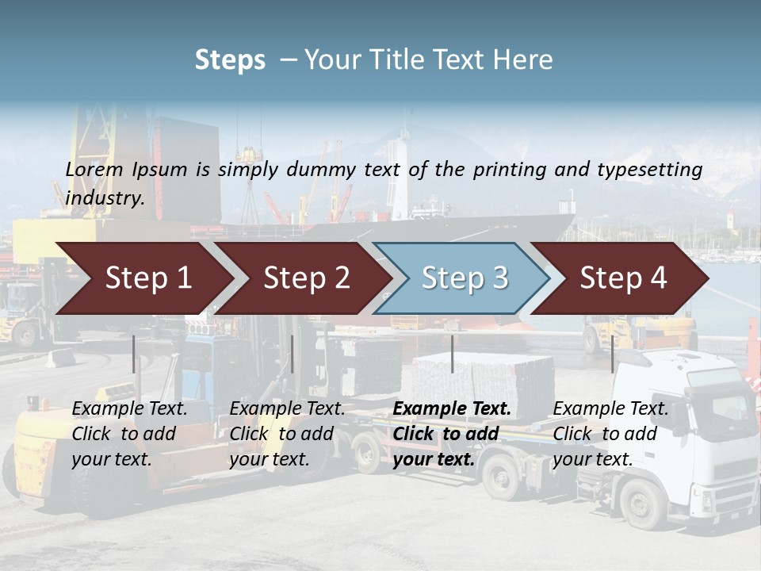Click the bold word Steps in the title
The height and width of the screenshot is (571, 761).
click(230, 60)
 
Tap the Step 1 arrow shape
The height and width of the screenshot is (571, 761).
click(147, 278)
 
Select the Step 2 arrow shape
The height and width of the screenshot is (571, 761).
click(306, 278)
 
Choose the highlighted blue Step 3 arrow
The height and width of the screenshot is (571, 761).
click(464, 278)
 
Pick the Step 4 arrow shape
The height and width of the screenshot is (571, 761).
click(623, 278)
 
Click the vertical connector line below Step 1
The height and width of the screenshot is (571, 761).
click(134, 354)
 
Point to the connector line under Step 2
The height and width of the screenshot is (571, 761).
click(293, 354)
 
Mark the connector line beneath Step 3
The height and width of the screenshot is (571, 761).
click(452, 354)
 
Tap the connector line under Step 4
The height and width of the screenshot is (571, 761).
click(612, 354)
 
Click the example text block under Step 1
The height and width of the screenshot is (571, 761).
click(129, 434)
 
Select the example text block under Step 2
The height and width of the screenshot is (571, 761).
click(287, 434)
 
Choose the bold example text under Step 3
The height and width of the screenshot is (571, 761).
click(452, 434)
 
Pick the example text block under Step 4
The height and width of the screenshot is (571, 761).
click(610, 434)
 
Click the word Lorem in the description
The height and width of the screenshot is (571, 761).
click(94, 169)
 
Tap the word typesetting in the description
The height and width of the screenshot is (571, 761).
click(649, 170)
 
